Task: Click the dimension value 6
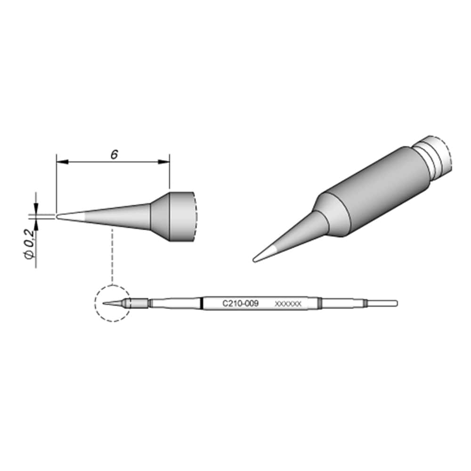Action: click(114, 155)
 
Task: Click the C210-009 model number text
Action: click(240, 303)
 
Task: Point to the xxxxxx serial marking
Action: click(288, 304)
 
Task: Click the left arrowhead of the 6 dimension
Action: click(63, 162)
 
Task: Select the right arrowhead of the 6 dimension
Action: click(164, 162)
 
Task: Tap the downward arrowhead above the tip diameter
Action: click(36, 209)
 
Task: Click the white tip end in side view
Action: click(71, 217)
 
